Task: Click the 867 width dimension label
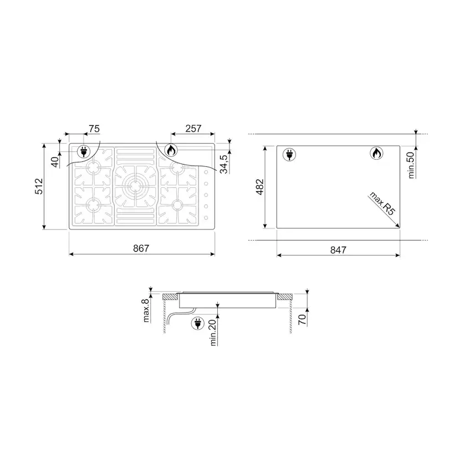click(141, 248)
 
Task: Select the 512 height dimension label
click(39, 186)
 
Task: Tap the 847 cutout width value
click(338, 250)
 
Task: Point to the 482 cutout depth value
click(259, 187)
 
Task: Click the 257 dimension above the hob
click(193, 129)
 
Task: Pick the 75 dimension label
click(94, 129)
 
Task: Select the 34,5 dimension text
click(223, 164)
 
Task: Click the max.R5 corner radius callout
click(382, 203)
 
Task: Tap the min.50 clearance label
click(411, 165)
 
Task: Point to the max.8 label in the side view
click(146, 310)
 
